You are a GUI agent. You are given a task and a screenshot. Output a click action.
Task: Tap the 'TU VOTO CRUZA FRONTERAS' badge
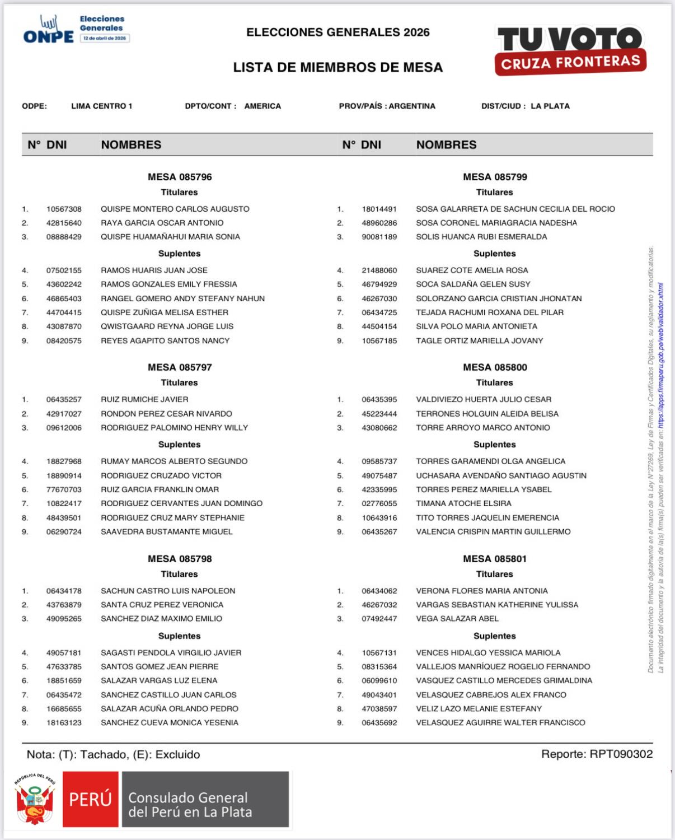(570, 50)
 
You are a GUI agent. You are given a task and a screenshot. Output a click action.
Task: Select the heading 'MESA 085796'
(180, 177)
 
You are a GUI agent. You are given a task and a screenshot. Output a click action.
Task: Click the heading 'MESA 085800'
(495, 367)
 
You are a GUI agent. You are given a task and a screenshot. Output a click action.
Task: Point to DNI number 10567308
(64, 209)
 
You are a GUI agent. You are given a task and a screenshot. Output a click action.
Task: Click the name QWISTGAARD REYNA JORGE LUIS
(167, 326)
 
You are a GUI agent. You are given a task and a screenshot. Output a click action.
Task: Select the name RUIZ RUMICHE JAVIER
(144, 399)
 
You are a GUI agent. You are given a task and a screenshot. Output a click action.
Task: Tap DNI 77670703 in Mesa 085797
(64, 489)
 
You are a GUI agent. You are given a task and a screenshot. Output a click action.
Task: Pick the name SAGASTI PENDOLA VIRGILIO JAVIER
(171, 652)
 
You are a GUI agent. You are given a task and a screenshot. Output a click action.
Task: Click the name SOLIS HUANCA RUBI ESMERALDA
(481, 236)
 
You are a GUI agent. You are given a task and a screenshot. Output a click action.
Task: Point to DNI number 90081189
(379, 236)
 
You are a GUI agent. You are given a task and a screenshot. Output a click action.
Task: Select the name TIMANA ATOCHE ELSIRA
(463, 503)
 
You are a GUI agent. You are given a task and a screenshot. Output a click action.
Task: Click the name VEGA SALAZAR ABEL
(457, 618)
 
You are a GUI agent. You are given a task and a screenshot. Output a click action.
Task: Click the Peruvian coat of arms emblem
(35, 799)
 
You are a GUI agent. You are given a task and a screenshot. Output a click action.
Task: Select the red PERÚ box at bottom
(91, 799)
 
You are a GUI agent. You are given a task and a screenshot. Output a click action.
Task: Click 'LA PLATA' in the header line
(550, 106)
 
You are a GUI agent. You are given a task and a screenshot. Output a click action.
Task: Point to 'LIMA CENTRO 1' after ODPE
(102, 106)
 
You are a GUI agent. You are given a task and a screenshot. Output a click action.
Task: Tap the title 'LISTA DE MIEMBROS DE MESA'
(337, 68)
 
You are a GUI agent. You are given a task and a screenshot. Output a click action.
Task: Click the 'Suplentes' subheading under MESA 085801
(494, 636)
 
